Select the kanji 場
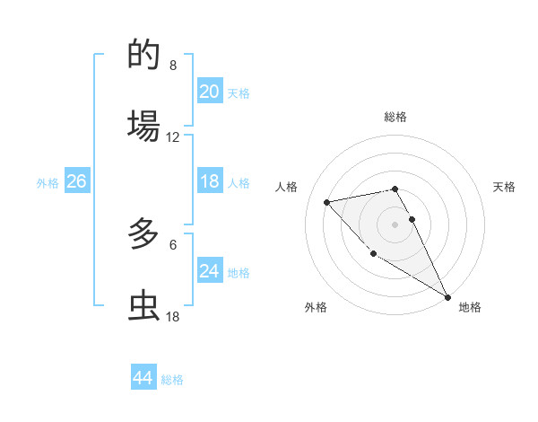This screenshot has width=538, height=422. [x=144, y=125]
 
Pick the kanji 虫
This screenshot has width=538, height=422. [x=144, y=304]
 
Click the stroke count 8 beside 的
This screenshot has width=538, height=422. [x=173, y=66]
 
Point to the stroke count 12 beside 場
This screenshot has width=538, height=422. [x=173, y=136]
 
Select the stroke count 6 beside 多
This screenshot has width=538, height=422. [x=173, y=244]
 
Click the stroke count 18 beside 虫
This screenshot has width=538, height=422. [x=173, y=316]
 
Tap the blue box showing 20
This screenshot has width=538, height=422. [x=210, y=92]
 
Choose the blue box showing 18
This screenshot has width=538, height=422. [x=210, y=182]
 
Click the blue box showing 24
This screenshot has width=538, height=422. [x=210, y=271]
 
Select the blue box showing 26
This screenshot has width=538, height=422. [x=76, y=182]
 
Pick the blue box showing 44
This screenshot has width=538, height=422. [x=143, y=378]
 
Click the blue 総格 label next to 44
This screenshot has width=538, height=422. [x=172, y=380]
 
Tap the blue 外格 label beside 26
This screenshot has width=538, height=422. [x=48, y=183]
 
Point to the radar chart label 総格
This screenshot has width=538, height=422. [x=395, y=117]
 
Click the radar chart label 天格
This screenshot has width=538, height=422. [x=504, y=187]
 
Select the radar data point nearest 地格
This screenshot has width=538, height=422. [x=447, y=297]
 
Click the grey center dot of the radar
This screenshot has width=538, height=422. [x=395, y=224]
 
